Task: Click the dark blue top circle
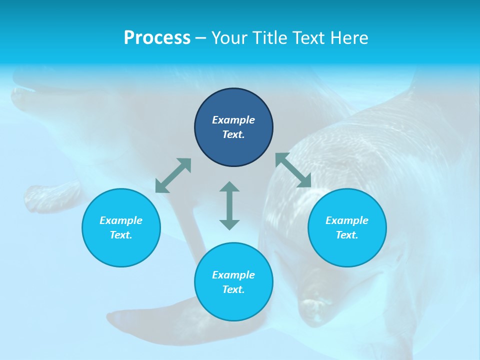(233, 127)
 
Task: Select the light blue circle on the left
(121, 227)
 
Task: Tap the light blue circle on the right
(347, 227)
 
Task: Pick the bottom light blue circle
(233, 282)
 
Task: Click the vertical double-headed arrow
(229, 205)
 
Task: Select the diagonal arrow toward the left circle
(173, 175)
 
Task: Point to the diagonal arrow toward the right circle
(293, 170)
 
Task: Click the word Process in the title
(157, 37)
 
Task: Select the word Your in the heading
(229, 37)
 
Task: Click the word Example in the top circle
(233, 120)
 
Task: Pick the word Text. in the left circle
(121, 235)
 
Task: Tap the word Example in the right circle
(347, 220)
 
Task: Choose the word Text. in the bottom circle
(233, 289)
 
